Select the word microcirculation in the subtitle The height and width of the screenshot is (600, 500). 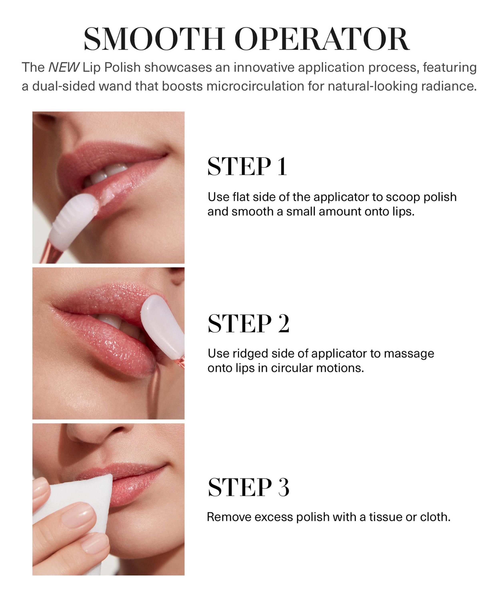click(x=255, y=86)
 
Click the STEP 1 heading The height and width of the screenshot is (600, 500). click(x=247, y=166)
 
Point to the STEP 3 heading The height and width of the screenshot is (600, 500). click(x=248, y=487)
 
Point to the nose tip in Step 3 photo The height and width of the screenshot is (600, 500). click(x=94, y=434)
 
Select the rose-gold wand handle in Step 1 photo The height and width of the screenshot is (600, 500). click(x=51, y=253)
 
